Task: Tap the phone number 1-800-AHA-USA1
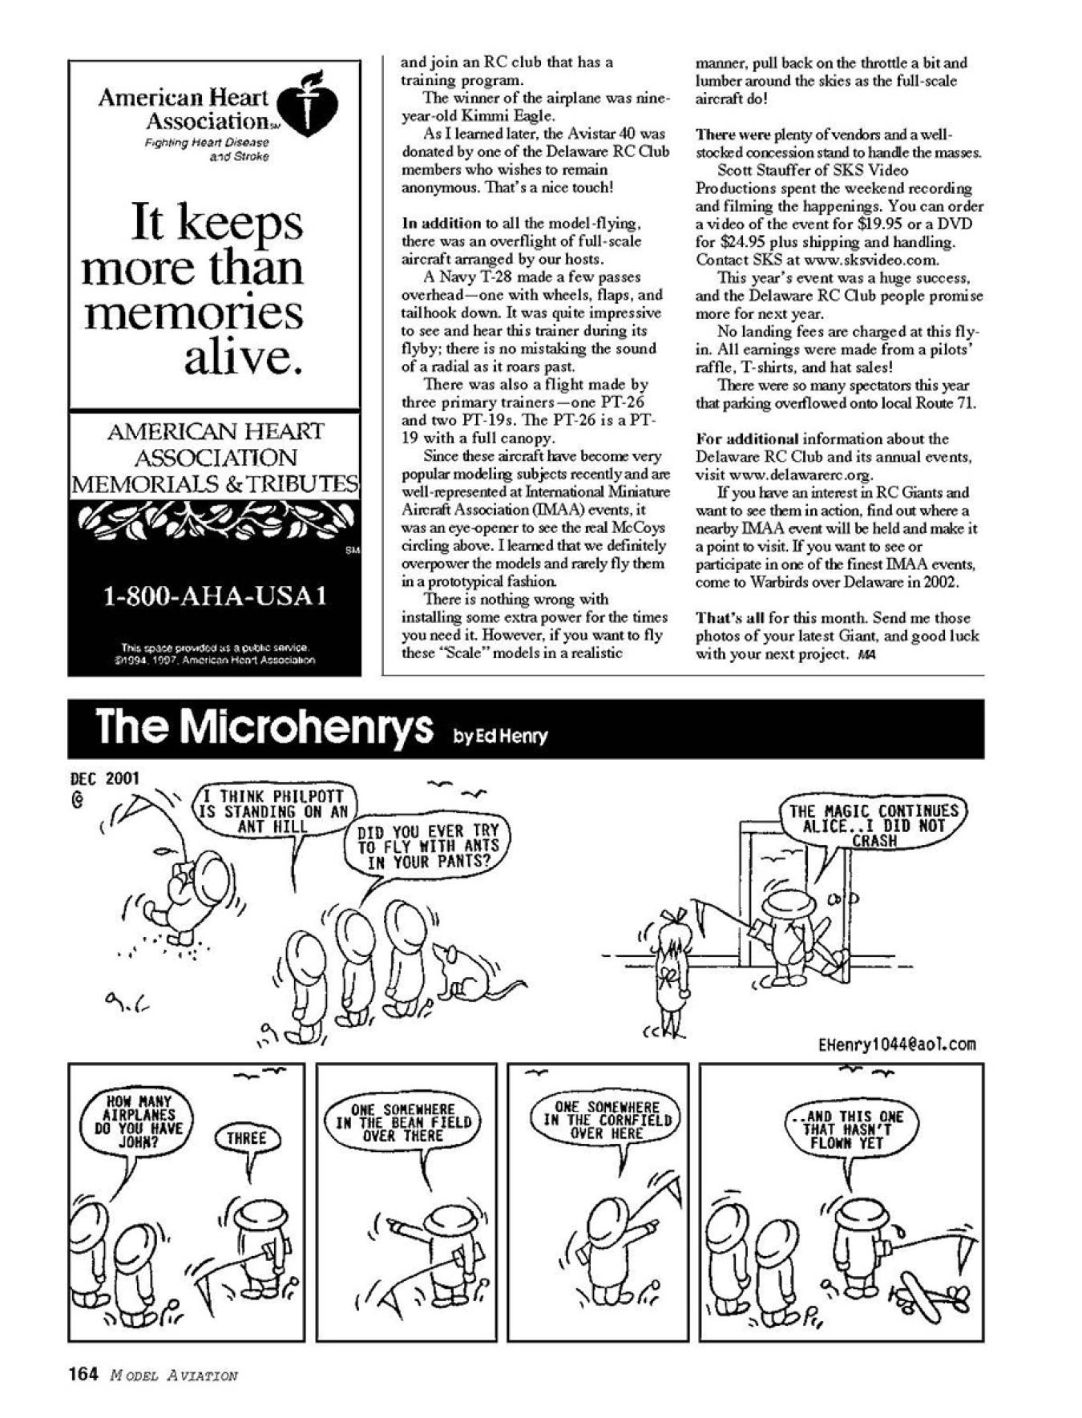[215, 596]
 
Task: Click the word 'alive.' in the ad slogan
[244, 357]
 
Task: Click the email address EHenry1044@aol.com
[897, 1044]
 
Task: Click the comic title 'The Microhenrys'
[264, 726]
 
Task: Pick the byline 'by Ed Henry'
[501, 736]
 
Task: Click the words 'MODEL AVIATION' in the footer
[173, 1376]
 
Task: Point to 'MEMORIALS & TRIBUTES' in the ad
[215, 483]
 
